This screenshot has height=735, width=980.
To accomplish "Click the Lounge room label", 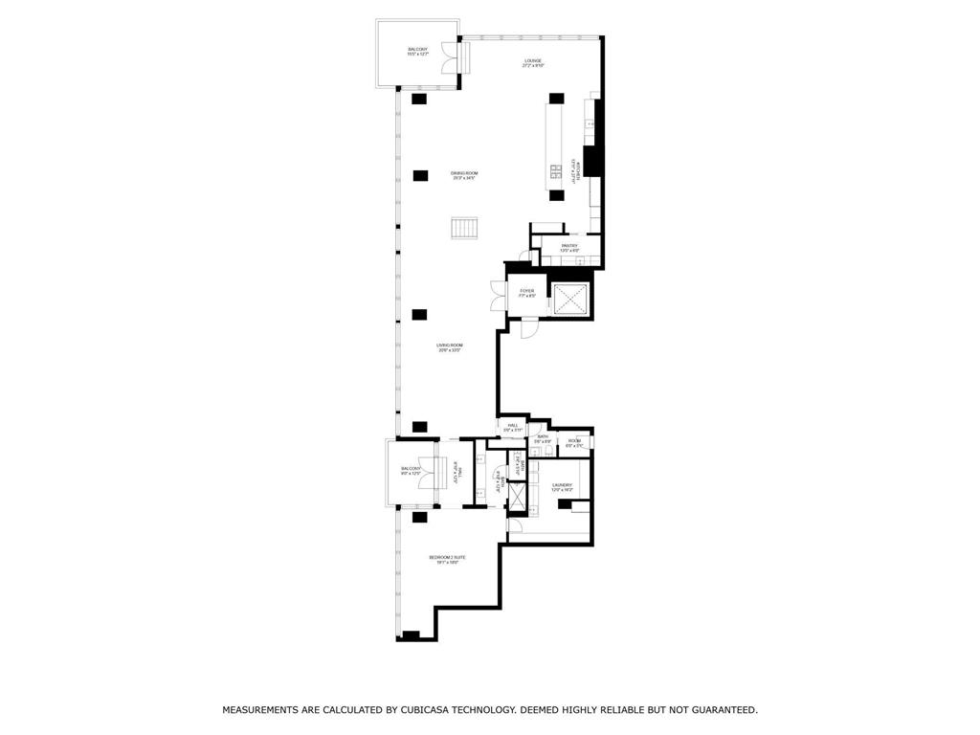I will [533, 63].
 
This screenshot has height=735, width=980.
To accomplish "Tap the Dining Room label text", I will [464, 175].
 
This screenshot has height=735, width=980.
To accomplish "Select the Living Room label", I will [450, 347].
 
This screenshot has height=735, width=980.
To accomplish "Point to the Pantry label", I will [569, 248].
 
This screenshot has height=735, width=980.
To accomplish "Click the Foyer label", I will [526, 293].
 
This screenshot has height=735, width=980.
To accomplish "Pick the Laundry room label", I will [562, 487].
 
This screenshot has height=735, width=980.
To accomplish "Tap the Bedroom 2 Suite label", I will [447, 559].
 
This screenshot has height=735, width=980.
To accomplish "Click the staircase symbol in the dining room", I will [464, 229].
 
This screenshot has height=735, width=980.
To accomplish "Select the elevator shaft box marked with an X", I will [570, 299].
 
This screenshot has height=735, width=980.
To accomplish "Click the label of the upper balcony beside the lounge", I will [417, 52].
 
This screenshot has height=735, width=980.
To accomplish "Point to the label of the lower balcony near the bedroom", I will [411, 471].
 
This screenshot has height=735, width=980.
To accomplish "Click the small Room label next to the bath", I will [574, 443].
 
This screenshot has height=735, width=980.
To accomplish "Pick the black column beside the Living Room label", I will [419, 315].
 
